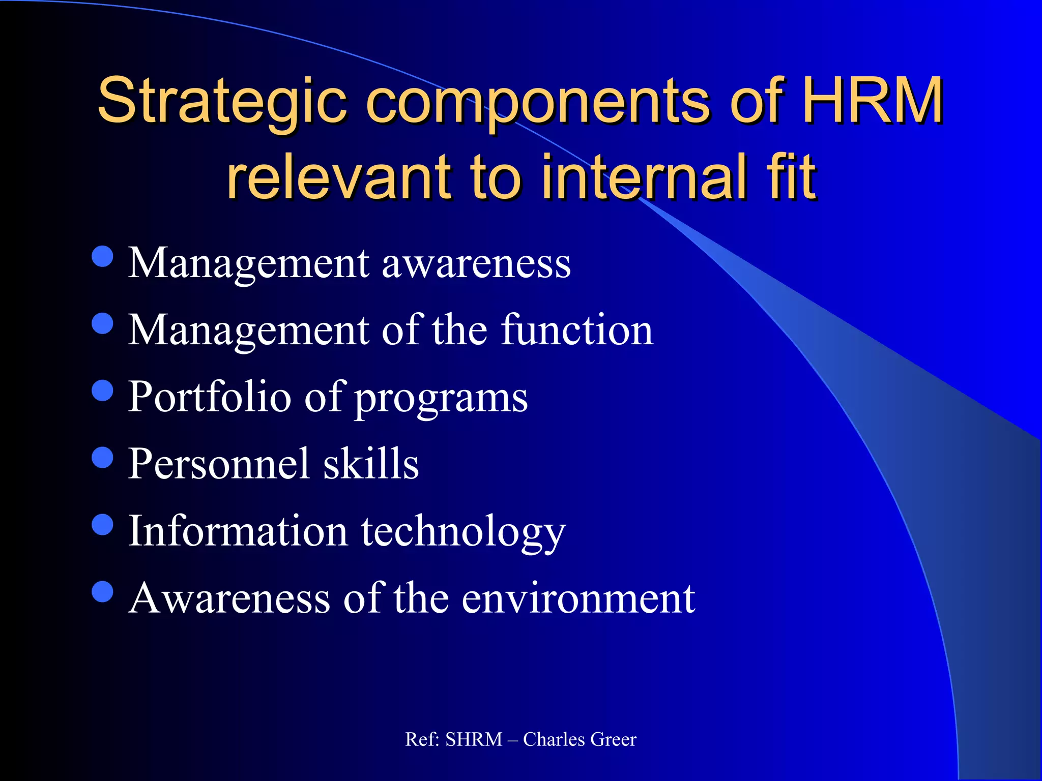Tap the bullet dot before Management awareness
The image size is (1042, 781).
tap(103, 257)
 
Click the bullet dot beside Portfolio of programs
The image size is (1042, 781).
tap(103, 390)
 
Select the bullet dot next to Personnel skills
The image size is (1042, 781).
tap(103, 457)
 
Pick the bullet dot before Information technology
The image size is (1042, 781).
tap(103, 524)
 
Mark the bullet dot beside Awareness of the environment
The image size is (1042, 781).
tap(103, 591)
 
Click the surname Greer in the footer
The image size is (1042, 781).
tap(614, 739)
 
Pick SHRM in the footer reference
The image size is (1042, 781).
tap(474, 739)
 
